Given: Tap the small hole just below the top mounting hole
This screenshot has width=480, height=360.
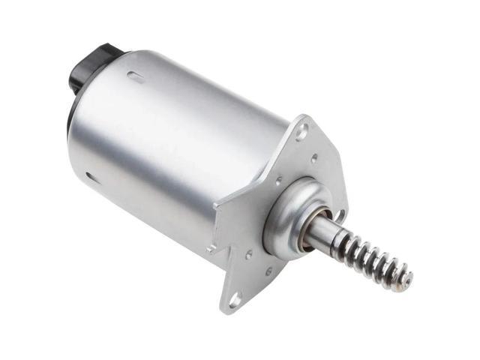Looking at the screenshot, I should pyautogui.click(x=313, y=158).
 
